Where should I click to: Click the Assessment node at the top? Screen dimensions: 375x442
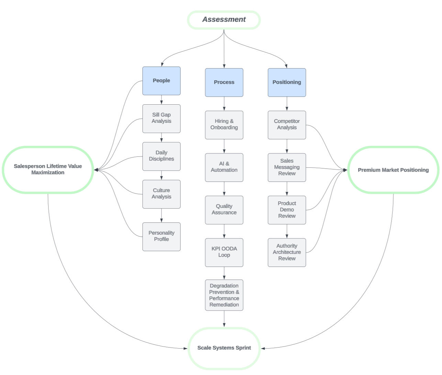click(x=224, y=20)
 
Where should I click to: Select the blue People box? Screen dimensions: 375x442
click(x=161, y=81)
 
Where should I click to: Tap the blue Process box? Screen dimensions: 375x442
click(x=224, y=82)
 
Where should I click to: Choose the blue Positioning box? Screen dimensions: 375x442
click(x=287, y=82)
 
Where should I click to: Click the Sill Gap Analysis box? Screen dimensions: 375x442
click(x=161, y=118)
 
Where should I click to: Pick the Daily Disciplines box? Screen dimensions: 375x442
click(x=161, y=156)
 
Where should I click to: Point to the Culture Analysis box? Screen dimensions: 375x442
click(x=161, y=194)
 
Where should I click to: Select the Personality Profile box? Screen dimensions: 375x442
click(x=161, y=236)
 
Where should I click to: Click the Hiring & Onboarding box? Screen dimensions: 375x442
click(x=224, y=125)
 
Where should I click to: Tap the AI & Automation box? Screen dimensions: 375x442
click(x=224, y=167)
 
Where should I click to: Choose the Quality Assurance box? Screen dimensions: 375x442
click(x=224, y=210)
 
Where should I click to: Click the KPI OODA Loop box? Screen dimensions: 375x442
click(x=224, y=252)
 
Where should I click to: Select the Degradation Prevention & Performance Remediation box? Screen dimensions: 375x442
click(x=224, y=295)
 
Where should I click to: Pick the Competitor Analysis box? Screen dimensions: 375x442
click(x=287, y=125)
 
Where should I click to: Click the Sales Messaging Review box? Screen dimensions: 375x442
click(x=287, y=167)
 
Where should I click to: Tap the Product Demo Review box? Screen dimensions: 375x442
click(x=287, y=210)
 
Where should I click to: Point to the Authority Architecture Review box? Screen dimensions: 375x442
click(x=287, y=252)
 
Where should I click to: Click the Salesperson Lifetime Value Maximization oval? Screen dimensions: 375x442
click(x=48, y=169)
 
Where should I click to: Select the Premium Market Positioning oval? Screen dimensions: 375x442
click(x=393, y=170)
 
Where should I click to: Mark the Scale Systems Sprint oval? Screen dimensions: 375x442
click(x=224, y=348)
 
